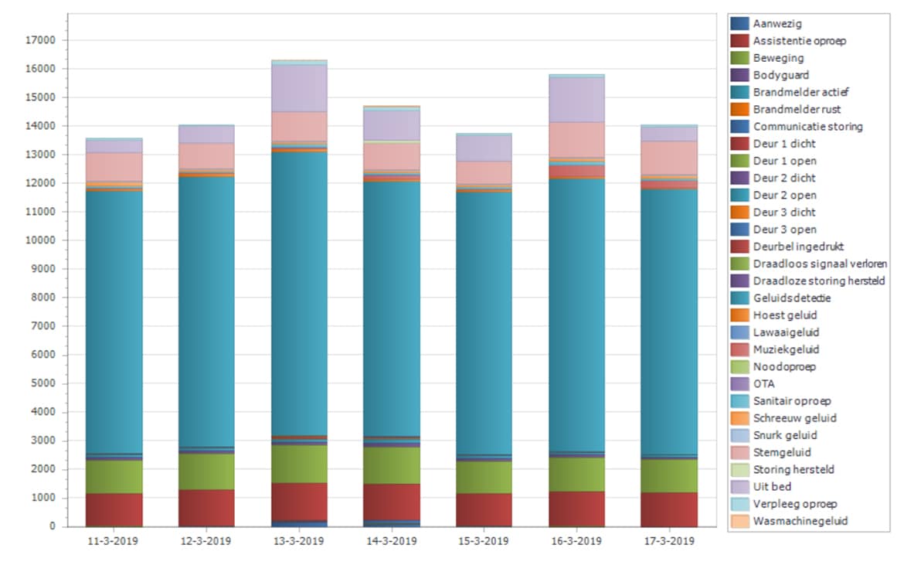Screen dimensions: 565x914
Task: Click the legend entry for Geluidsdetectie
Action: click(x=792, y=298)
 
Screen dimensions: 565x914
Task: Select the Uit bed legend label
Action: click(x=772, y=487)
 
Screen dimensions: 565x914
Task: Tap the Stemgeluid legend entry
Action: click(x=782, y=453)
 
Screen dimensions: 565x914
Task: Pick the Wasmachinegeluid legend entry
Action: click(x=800, y=521)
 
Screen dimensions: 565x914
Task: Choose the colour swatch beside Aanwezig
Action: click(x=739, y=24)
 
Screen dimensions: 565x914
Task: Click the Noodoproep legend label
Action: click(x=783, y=367)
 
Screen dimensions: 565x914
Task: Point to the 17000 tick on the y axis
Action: click(x=42, y=40)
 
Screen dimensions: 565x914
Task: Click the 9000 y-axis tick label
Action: click(x=45, y=269)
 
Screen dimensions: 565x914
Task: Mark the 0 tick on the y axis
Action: click(x=53, y=526)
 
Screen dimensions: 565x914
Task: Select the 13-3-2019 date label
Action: click(x=298, y=541)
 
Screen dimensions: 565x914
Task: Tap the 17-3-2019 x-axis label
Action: click(x=668, y=541)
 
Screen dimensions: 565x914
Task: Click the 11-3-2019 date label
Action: click(x=114, y=541)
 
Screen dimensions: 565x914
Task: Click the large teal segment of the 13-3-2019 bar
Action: click(x=298, y=294)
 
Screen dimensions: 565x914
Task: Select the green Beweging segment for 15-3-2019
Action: click(x=483, y=478)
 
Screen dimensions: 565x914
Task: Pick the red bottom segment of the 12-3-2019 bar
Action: click(x=206, y=508)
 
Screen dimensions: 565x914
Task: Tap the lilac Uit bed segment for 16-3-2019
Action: click(x=576, y=99)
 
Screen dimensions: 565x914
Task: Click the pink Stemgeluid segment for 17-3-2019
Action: click(x=668, y=158)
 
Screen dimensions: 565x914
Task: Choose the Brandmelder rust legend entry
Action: click(x=797, y=110)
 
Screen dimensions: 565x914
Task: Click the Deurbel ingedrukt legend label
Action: click(x=798, y=247)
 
